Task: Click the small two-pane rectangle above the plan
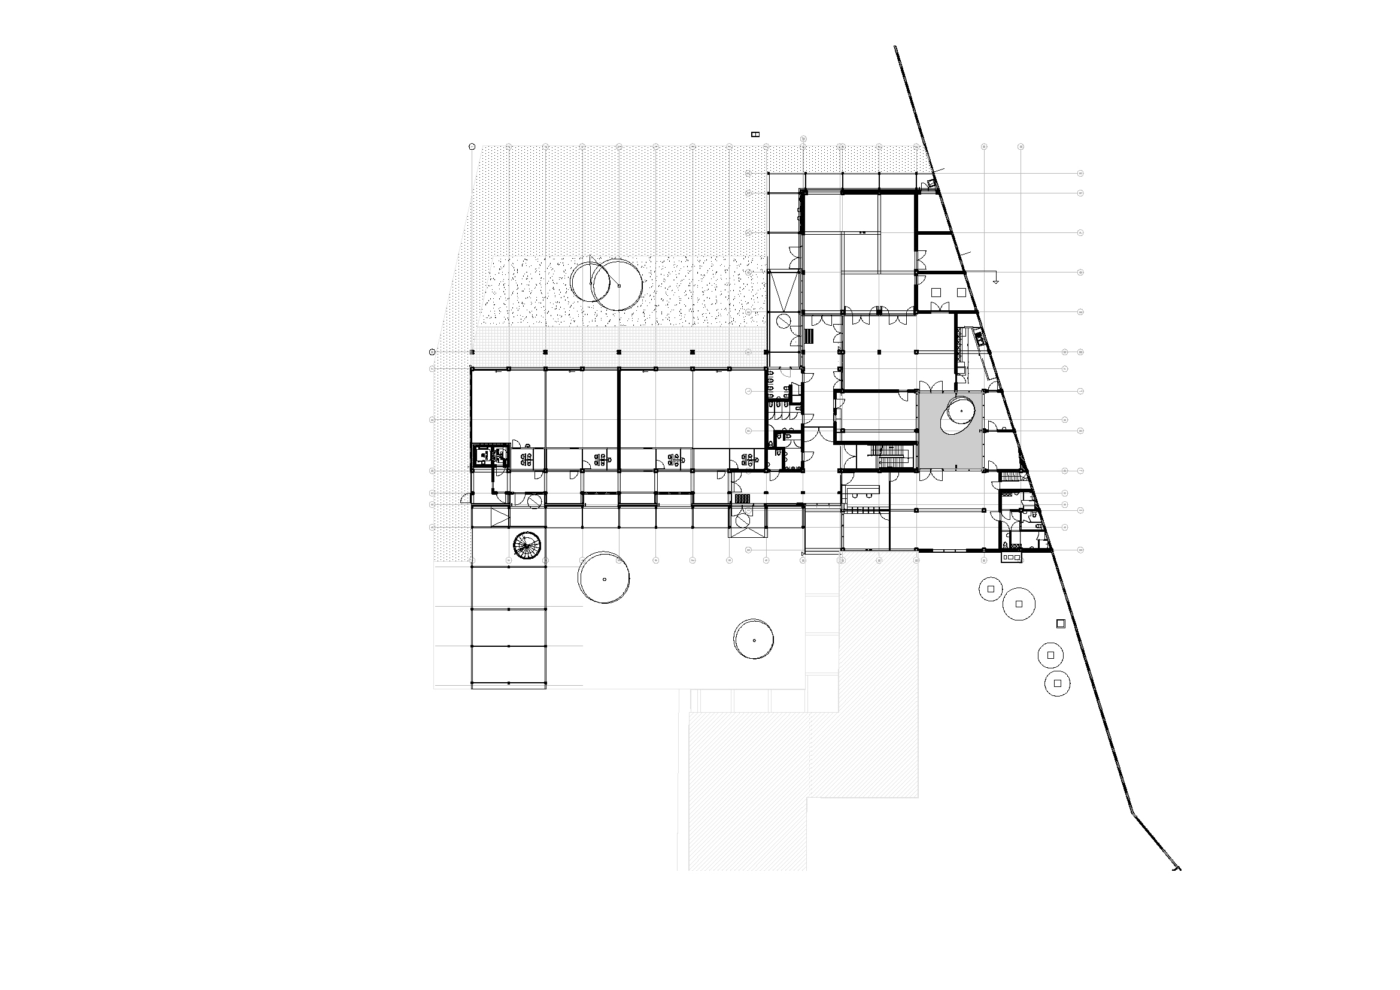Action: pyautogui.click(x=755, y=134)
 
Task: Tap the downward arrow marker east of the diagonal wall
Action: pyautogui.click(x=996, y=281)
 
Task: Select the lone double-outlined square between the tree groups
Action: pyautogui.click(x=1061, y=623)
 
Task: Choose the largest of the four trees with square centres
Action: pyautogui.click(x=1019, y=604)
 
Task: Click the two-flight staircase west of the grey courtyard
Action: pyautogui.click(x=892, y=458)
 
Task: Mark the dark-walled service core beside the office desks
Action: pyautogui.click(x=491, y=455)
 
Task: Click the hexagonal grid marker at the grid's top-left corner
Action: pyautogui.click(x=472, y=146)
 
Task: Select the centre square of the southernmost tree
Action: pyautogui.click(x=1057, y=683)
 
